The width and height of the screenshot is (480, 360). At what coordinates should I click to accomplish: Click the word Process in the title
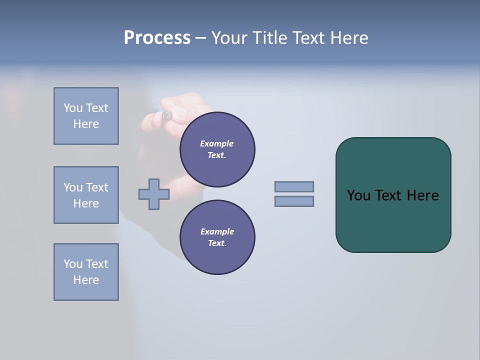157,38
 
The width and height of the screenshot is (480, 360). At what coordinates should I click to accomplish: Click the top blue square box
86,116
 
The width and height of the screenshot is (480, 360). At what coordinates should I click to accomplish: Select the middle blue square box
86,195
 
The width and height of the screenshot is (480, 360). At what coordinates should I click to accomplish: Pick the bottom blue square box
86,272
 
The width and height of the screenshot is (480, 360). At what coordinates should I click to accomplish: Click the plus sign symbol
154,194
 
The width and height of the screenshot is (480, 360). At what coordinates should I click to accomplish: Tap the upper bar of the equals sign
294,186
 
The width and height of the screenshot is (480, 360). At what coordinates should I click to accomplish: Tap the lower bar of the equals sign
294,201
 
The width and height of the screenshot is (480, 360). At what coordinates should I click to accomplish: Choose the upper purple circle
217,149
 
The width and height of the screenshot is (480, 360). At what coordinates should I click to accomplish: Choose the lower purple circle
217,237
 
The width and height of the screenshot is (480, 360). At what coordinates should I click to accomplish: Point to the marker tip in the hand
167,115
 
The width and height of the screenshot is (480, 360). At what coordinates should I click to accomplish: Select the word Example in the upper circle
217,143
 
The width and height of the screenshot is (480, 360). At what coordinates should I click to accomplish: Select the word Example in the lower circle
217,231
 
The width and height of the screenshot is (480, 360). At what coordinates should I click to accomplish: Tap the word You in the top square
73,108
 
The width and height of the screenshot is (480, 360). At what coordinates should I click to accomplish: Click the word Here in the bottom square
86,280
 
